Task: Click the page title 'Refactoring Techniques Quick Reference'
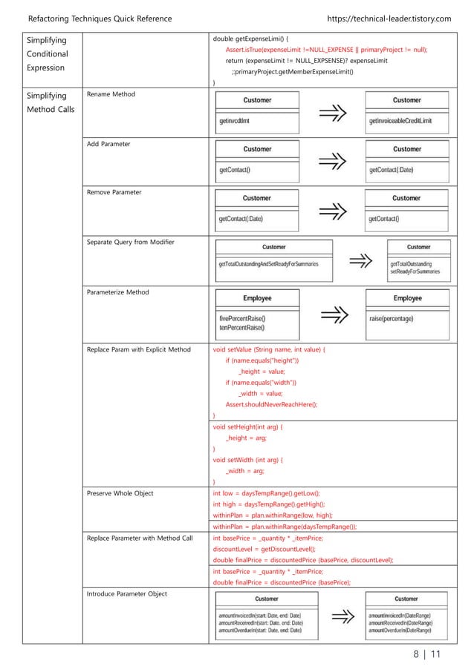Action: pos(100,18)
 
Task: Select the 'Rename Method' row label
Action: pos(112,94)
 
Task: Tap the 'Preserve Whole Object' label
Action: pos(121,492)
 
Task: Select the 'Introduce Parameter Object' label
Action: pos(127,593)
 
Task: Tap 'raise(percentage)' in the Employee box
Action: pos(392,319)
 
